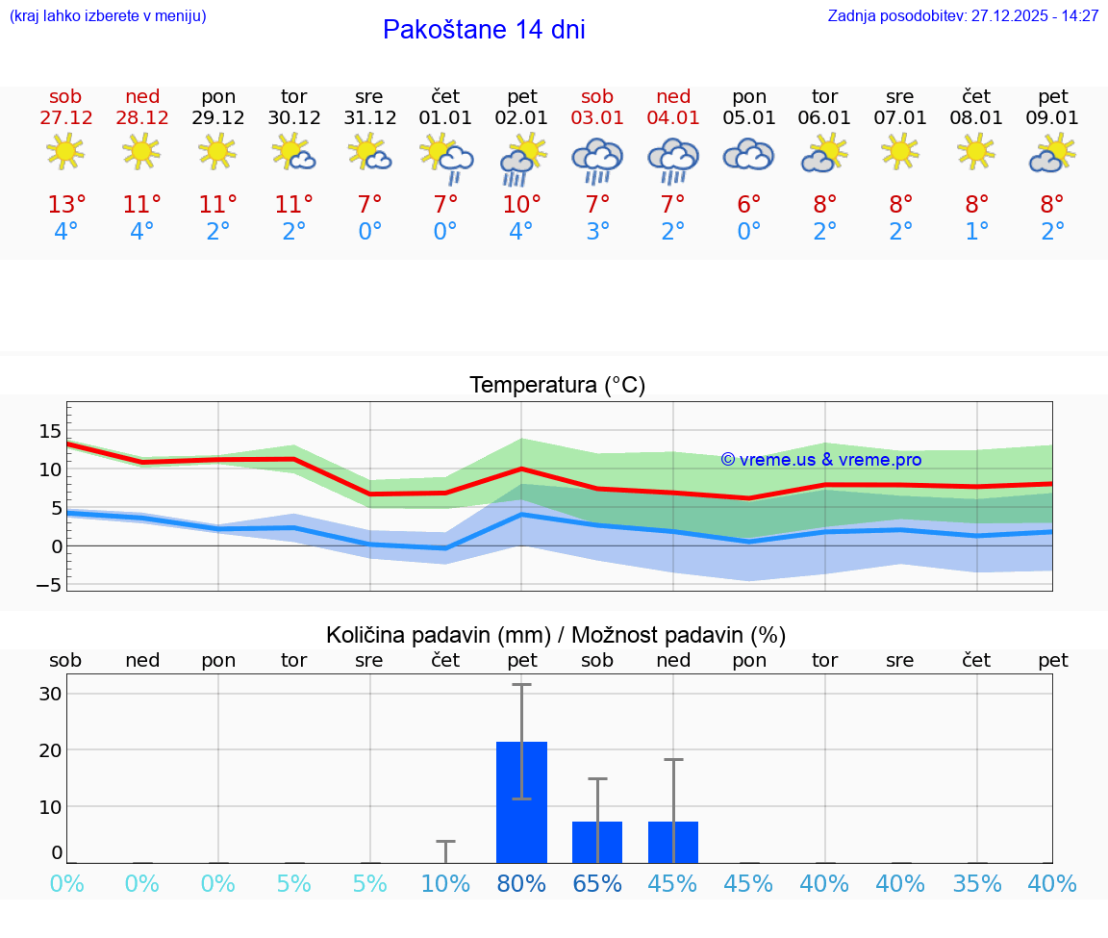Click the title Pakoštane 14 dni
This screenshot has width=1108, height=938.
pos(484,30)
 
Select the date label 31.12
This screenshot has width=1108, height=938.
pos(369,117)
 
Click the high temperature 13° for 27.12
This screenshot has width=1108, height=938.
pos(66,205)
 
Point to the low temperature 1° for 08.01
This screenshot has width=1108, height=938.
pos(977,232)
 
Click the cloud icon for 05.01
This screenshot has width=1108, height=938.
pos(748,155)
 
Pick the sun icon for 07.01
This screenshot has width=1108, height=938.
pos(900,152)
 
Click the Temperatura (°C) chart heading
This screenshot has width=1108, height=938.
pos(557,386)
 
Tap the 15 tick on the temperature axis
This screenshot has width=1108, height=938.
pos(50,430)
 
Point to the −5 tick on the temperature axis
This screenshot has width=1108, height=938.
pos(49,585)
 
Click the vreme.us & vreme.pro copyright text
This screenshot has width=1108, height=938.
pos(820,460)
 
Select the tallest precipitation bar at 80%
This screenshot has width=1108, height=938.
pos(521,802)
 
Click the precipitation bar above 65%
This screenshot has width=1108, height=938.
pos(597,842)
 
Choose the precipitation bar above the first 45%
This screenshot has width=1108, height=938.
pos(673,842)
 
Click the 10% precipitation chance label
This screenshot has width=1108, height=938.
pos(445,884)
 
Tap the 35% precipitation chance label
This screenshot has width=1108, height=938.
pos(977,884)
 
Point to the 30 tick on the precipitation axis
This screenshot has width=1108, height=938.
pos(50,694)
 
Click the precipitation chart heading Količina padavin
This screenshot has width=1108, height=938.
pos(556,635)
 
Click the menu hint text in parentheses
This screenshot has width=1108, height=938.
pos(108,16)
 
